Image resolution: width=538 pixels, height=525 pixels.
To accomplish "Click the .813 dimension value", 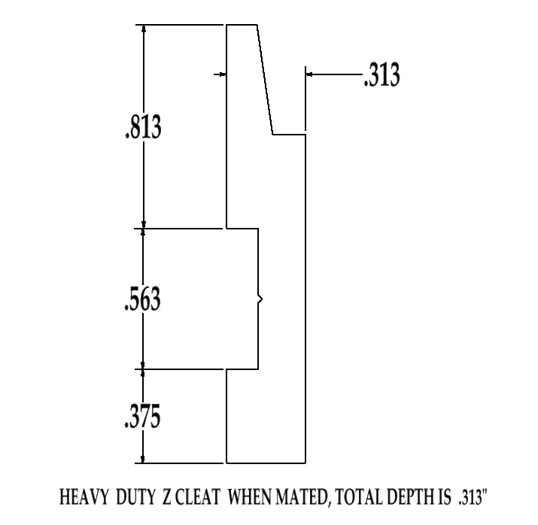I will (x=142, y=127).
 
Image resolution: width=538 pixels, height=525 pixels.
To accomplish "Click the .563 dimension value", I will (x=142, y=299).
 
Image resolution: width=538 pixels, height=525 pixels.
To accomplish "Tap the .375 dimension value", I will (x=142, y=416).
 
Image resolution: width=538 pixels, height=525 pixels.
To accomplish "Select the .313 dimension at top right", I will (x=381, y=75).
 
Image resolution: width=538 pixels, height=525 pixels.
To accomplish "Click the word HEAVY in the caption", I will (x=85, y=498).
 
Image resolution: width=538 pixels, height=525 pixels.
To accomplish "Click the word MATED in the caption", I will (x=305, y=498).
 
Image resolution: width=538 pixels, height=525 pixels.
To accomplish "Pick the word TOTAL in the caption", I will (x=358, y=498).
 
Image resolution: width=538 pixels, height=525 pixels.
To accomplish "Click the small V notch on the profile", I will (x=260, y=300).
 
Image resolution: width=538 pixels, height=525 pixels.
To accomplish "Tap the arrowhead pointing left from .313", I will (x=309, y=74).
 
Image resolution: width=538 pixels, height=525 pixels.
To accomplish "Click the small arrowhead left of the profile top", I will (x=223, y=74).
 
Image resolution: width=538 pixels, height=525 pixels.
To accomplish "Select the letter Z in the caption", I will (x=167, y=498).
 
